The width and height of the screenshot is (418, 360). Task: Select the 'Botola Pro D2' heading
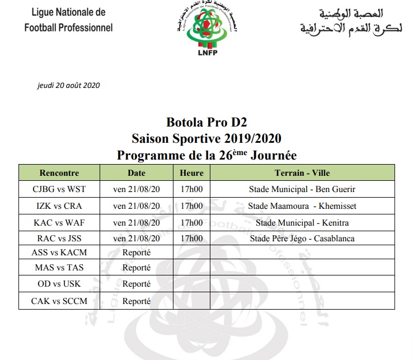pyautogui.click(x=206, y=123)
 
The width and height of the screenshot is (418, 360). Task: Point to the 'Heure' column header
pyautogui.click(x=191, y=173)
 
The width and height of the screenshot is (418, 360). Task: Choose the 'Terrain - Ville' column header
pyautogui.click(x=302, y=173)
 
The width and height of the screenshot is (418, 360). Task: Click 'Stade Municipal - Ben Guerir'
pyautogui.click(x=302, y=189)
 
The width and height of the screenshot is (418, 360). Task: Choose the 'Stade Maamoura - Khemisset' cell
pyautogui.click(x=302, y=206)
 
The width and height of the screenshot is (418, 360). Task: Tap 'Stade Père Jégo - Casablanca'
pyautogui.click(x=302, y=239)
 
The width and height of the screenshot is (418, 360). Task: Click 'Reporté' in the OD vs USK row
pyautogui.click(x=137, y=284)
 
